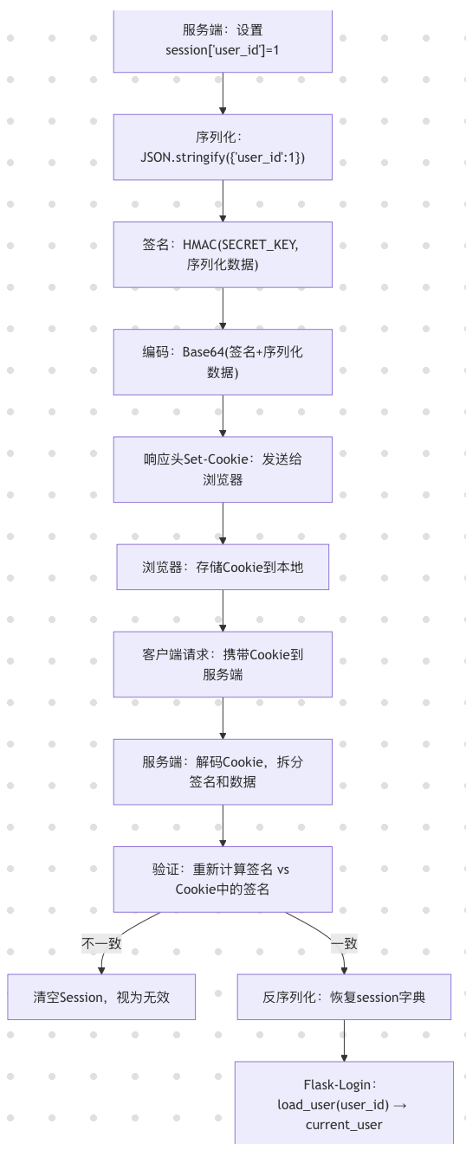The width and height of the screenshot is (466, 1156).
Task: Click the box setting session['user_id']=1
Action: click(x=223, y=42)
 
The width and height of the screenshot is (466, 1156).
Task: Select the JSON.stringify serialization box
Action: click(x=223, y=147)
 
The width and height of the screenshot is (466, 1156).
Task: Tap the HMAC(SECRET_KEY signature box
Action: click(x=223, y=254)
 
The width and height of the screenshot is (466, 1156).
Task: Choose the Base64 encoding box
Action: click(x=223, y=362)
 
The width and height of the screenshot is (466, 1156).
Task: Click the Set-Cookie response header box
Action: click(x=223, y=469)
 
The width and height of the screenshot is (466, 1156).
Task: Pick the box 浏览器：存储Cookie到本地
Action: click(x=223, y=567)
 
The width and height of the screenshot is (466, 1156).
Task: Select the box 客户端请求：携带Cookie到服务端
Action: click(x=223, y=664)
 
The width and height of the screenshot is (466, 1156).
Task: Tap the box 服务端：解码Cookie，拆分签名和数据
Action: click(x=223, y=772)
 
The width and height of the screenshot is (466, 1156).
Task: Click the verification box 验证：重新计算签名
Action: click(x=223, y=879)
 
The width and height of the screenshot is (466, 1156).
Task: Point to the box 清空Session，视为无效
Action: click(x=101, y=997)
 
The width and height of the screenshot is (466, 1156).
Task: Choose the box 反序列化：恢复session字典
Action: click(x=344, y=997)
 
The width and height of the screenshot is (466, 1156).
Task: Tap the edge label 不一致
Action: click(x=101, y=943)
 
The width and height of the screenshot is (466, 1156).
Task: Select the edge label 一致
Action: click(x=344, y=943)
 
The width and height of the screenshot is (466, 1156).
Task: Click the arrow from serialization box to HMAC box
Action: click(x=223, y=201)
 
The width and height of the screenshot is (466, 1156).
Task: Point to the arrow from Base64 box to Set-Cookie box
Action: click(x=223, y=415)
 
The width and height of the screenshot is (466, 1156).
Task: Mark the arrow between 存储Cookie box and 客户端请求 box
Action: click(x=223, y=610)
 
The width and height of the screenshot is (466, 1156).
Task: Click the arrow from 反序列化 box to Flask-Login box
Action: click(x=344, y=1040)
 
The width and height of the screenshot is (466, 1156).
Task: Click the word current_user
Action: click(x=344, y=1124)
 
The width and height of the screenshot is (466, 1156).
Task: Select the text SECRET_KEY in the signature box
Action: click(x=260, y=245)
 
